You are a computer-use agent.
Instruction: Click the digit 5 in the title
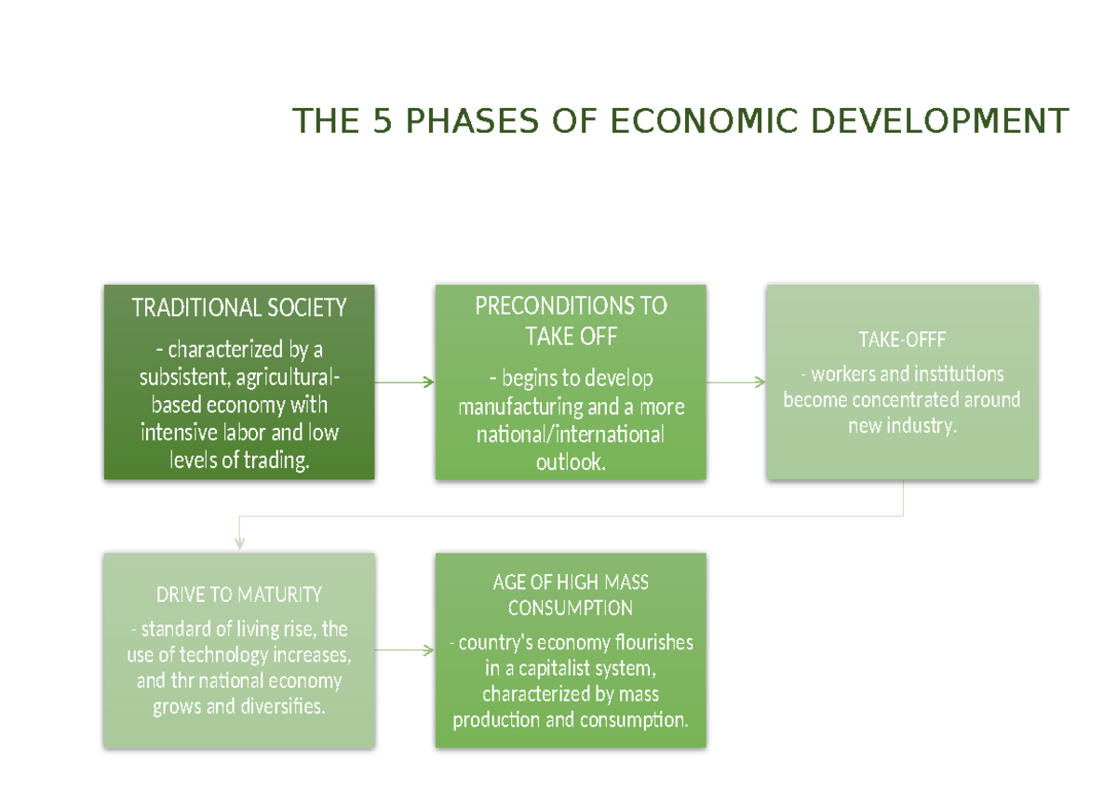[383, 121]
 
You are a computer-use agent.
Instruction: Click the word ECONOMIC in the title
[704, 121]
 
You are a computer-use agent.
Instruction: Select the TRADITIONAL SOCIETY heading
[239, 307]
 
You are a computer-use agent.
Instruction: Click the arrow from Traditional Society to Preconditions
[404, 382]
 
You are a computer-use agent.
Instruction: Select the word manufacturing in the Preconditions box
[520, 408]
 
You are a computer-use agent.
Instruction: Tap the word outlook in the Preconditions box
[571, 462]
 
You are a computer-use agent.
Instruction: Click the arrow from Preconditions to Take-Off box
[736, 382]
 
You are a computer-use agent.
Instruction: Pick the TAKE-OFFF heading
[902, 340]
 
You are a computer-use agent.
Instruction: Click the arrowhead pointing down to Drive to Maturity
[239, 544]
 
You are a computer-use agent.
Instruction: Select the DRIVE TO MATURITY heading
[239, 595]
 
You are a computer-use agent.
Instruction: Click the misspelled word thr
[182, 681]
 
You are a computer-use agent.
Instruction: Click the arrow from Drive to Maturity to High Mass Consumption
[404, 649]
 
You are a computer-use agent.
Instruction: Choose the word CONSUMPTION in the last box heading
[571, 608]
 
